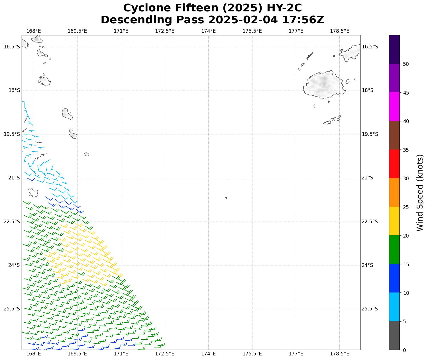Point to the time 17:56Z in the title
click(303, 20)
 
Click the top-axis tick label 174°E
click(208, 31)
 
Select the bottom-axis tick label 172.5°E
click(165, 354)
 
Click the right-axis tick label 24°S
click(367, 265)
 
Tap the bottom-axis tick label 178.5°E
click(340, 354)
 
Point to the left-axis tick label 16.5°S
click(12, 47)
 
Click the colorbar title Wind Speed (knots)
click(420, 193)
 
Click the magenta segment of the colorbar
click(394, 107)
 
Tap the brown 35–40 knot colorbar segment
click(394, 135)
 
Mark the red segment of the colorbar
click(394, 164)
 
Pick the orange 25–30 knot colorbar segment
click(394, 193)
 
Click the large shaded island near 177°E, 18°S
click(324, 85)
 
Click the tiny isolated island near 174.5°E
click(226, 198)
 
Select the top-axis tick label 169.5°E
click(77, 31)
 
